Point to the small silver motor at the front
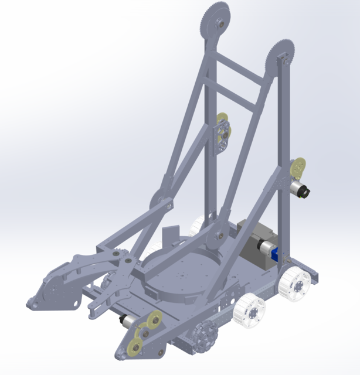pos(125,321)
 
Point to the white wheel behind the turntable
pos(198,223)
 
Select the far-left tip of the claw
pos(29,302)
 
